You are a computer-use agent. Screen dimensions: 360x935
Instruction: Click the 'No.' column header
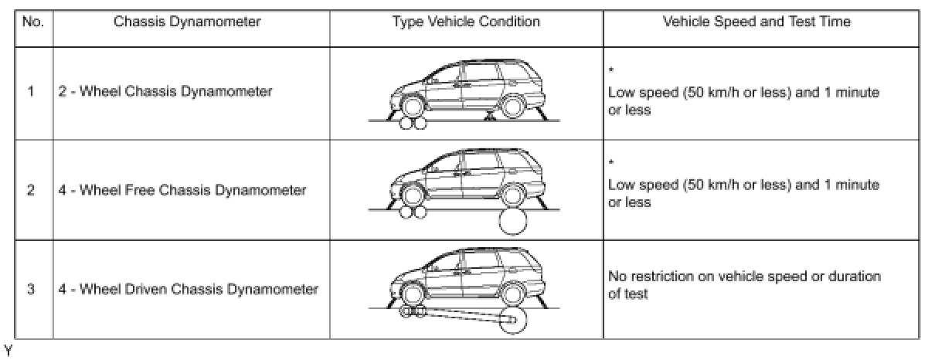[x=32, y=22]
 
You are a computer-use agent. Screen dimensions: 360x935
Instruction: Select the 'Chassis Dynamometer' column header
[x=187, y=22]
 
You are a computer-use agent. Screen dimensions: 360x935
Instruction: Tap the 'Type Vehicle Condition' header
[x=466, y=22]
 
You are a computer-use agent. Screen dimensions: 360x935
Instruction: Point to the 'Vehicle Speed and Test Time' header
[x=756, y=22]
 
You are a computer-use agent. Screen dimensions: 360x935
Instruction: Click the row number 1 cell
[x=31, y=92]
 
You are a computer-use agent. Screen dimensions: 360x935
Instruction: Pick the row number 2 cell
[x=31, y=190]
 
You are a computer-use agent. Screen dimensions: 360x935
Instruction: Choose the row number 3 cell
[x=31, y=290]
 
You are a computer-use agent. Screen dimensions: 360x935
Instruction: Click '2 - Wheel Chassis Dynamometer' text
[x=165, y=92]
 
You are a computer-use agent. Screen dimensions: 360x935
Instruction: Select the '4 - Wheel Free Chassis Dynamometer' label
[x=182, y=190]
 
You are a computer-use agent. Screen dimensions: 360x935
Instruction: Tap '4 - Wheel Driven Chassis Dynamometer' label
[x=189, y=290]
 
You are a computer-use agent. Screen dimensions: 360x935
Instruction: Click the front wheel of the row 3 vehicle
[x=413, y=295]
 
